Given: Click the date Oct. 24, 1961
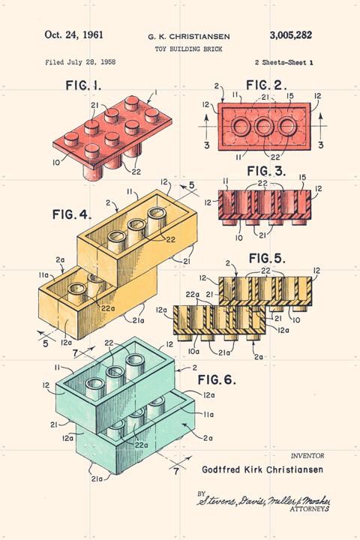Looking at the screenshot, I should coord(73,34).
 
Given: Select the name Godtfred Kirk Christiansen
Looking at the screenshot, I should coord(262,469).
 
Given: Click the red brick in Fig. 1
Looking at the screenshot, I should coord(112,139).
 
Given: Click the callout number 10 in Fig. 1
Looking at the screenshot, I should coord(56,162).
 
